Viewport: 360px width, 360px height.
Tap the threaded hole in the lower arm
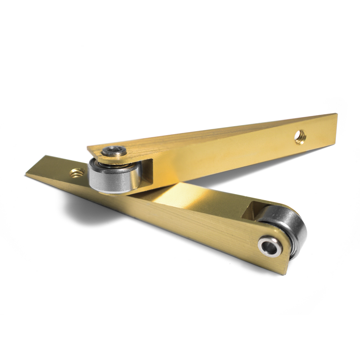click(75, 172)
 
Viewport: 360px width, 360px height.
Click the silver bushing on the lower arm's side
click(269, 246)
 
